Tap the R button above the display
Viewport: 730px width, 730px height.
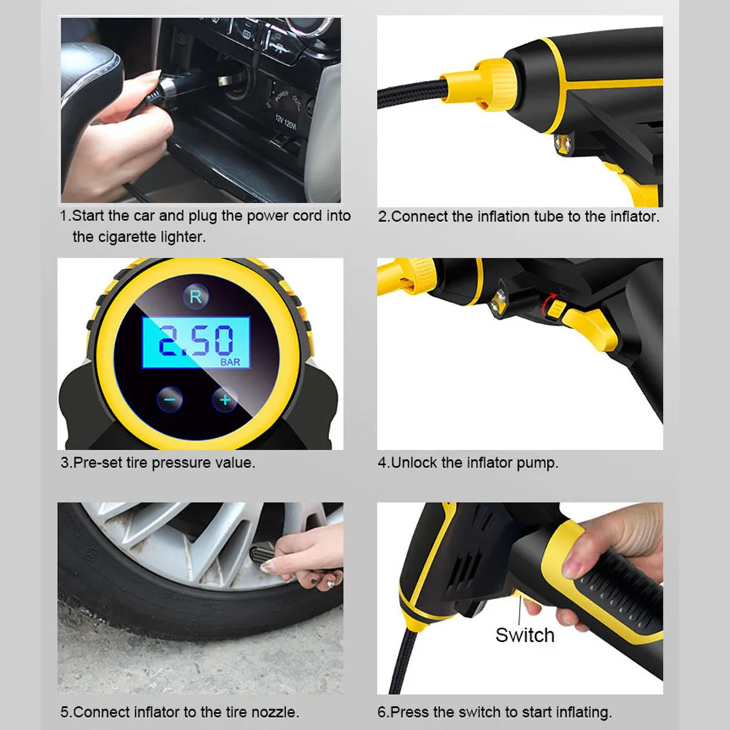pyautogui.click(x=196, y=296)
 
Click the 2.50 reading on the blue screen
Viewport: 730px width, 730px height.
pyautogui.click(x=196, y=341)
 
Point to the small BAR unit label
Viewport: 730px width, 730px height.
pyautogui.click(x=230, y=361)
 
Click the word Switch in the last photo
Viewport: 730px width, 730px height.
pyautogui.click(x=525, y=635)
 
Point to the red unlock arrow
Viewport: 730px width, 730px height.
pyautogui.click(x=547, y=301)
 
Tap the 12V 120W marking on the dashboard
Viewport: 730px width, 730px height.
pyautogui.click(x=286, y=123)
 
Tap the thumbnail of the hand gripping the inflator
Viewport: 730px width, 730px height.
pyautogui.click(x=520, y=598)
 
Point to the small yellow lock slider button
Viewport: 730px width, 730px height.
pyautogui.click(x=556, y=310)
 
